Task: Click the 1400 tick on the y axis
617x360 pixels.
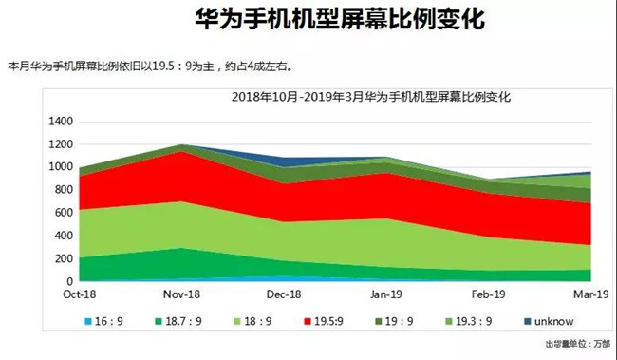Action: tap(60, 122)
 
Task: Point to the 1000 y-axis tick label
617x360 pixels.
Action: tap(60, 167)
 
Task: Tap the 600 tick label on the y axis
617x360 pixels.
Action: tap(63, 213)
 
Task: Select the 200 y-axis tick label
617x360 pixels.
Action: tap(63, 258)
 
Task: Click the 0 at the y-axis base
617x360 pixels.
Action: tap(68, 281)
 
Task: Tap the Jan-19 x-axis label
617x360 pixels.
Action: tap(385, 295)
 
